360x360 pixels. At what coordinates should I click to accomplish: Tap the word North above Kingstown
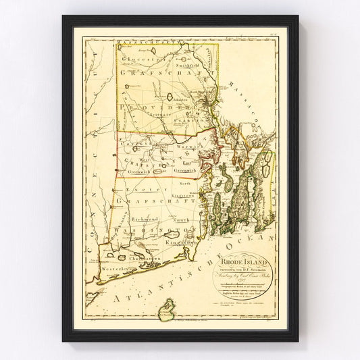(x=185, y=183)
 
